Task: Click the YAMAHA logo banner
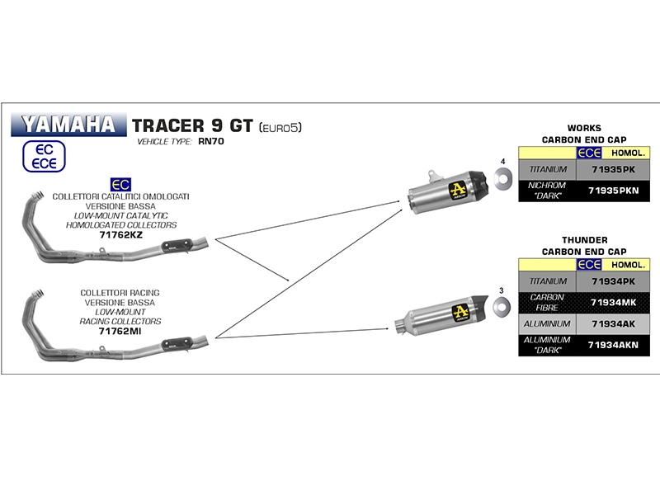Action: tap(68, 125)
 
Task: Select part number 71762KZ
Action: tap(120, 235)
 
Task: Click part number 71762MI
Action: tap(120, 331)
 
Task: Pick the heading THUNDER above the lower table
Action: tap(584, 239)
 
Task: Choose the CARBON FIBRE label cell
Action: tap(547, 303)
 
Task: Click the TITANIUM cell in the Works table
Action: tap(547, 169)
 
